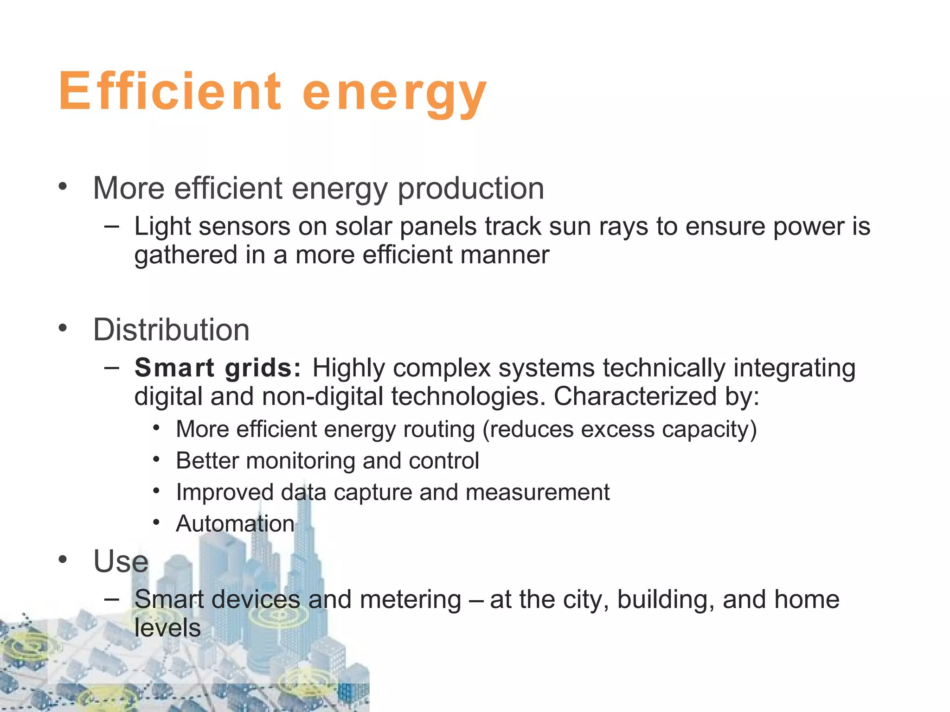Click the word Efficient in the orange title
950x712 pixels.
pyautogui.click(x=170, y=91)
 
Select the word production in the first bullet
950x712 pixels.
pyautogui.click(x=471, y=189)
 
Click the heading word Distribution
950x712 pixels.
pyautogui.click(x=171, y=330)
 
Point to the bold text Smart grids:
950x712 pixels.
pyautogui.click(x=218, y=368)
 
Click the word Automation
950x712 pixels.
pyautogui.click(x=235, y=524)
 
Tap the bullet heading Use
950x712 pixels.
pyautogui.click(x=121, y=561)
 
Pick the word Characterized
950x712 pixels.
pyautogui.click(x=635, y=397)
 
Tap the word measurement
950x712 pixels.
pyautogui.click(x=538, y=492)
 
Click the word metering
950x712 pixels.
pyautogui.click(x=410, y=599)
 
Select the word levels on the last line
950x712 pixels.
pyautogui.click(x=167, y=628)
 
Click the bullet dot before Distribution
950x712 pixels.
pyautogui.click(x=63, y=329)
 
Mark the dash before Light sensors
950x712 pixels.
pyautogui.click(x=111, y=227)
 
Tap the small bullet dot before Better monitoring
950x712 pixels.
pyautogui.click(x=157, y=460)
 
